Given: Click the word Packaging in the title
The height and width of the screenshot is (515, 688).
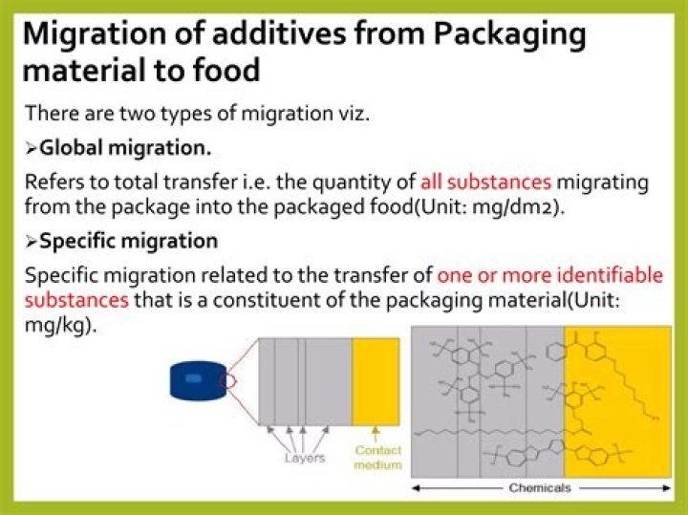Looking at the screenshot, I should (509, 33).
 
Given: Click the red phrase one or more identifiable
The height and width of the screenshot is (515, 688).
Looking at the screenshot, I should (549, 275).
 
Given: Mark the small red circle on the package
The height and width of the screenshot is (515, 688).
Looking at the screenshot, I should (227, 383).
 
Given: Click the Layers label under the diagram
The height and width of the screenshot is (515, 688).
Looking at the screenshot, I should (304, 458).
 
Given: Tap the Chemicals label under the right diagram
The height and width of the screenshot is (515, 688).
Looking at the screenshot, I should (540, 488).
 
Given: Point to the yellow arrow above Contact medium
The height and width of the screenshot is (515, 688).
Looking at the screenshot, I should (376, 434).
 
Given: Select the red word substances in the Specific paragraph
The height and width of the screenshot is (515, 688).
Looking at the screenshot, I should (76, 299).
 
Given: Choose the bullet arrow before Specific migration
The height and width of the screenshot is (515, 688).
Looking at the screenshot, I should (31, 241).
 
